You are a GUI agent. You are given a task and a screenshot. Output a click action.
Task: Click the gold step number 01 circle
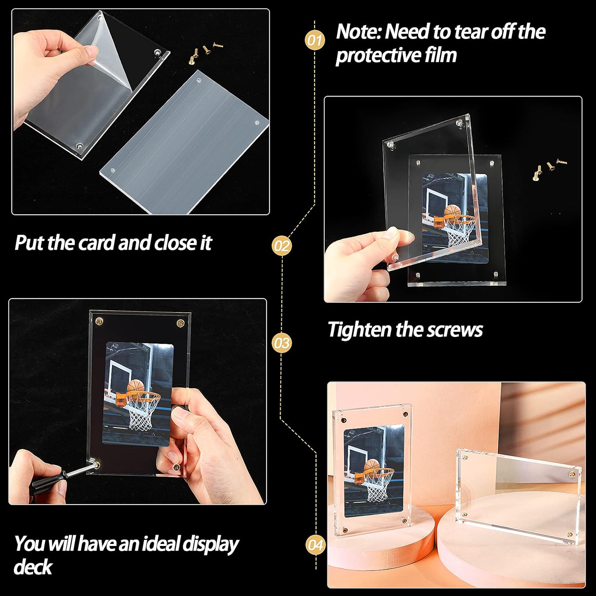(315, 40)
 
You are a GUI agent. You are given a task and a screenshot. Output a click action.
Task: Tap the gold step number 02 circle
(282, 246)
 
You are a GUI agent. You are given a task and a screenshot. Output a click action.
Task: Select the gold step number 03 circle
(282, 343)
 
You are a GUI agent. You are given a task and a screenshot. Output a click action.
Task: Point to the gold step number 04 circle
(315, 545)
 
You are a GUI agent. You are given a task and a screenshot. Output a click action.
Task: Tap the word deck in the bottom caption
(33, 567)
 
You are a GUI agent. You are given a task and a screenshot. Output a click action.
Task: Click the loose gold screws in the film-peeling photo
(205, 52)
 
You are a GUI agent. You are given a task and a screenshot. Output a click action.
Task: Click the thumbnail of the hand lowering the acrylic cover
(453, 199)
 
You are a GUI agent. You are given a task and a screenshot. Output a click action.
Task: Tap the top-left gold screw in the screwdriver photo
(99, 321)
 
